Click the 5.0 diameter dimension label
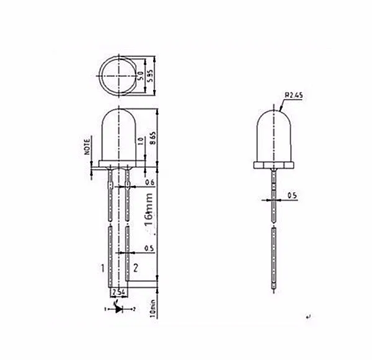141,77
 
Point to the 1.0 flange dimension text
141,141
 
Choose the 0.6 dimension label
149,183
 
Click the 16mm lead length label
149,213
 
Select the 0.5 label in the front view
149,248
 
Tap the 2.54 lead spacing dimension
118,291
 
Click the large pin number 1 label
101,268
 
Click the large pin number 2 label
135,268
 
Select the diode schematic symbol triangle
118,307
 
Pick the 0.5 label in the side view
292,196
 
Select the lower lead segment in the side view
274,254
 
